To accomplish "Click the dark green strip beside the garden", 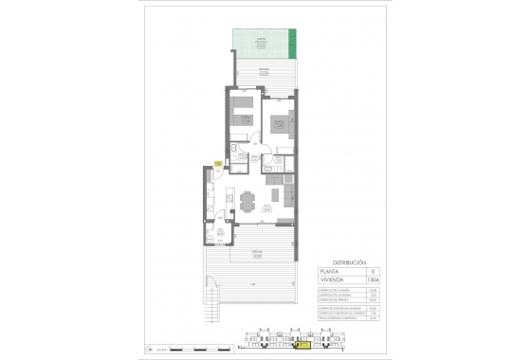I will coord(292,43).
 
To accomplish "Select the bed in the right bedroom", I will coord(281,124).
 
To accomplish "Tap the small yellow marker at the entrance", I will coord(218,165).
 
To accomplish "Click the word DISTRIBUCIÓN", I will coord(348,261).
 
